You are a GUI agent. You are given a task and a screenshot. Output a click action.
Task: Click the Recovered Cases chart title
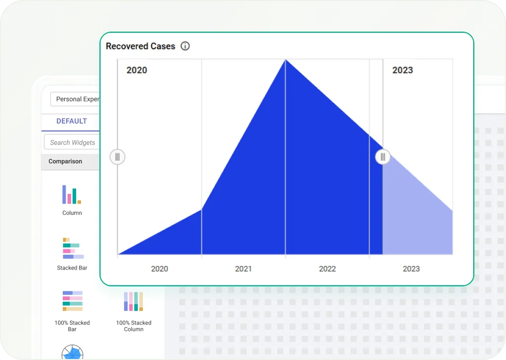pyautogui.click(x=140, y=46)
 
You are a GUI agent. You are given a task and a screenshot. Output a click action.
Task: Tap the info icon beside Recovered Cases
pyautogui.click(x=185, y=46)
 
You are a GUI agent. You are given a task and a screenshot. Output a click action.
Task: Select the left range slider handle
pyautogui.click(x=118, y=157)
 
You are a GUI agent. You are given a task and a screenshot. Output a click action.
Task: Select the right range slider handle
pyautogui.click(x=383, y=157)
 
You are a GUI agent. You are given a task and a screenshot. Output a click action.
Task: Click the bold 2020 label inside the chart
pyautogui.click(x=137, y=70)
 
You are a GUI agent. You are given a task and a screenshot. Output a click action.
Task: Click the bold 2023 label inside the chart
pyautogui.click(x=402, y=70)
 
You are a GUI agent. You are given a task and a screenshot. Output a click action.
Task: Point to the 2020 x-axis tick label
pyautogui.click(x=160, y=269)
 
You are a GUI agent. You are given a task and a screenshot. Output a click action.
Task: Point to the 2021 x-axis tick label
pyautogui.click(x=243, y=269)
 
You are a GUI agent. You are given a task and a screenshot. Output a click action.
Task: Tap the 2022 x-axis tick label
pyautogui.click(x=328, y=269)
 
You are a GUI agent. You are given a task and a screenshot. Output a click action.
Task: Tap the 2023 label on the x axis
pyautogui.click(x=412, y=269)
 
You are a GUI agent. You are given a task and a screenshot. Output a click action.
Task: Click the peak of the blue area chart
pyautogui.click(x=286, y=60)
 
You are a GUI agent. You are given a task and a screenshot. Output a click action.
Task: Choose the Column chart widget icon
pyautogui.click(x=72, y=194)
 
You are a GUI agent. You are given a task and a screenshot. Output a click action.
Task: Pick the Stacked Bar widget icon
pyautogui.click(x=73, y=248)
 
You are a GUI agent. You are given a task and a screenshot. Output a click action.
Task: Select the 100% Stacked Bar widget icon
pyautogui.click(x=73, y=301)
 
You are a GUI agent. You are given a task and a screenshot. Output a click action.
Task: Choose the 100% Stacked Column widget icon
pyautogui.click(x=133, y=302)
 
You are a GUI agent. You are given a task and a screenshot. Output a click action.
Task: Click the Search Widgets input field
pyautogui.click(x=72, y=142)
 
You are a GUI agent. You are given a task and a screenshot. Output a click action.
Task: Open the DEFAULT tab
pyautogui.click(x=72, y=121)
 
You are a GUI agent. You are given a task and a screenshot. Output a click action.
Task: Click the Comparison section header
pyautogui.click(x=65, y=161)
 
